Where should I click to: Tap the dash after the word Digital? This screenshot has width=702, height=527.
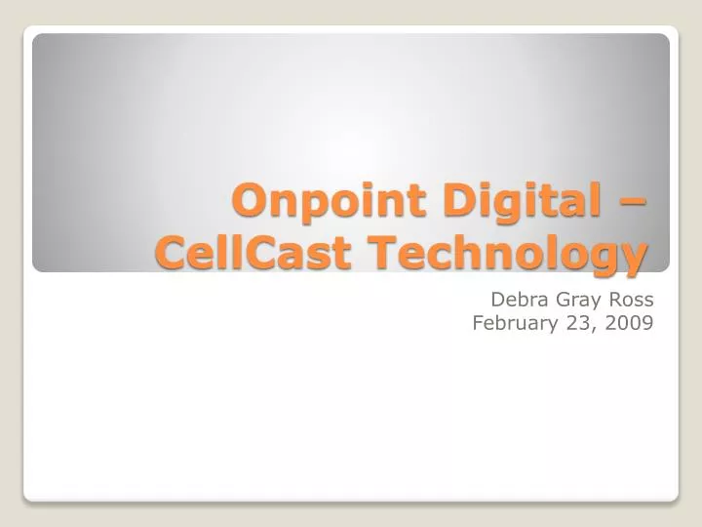(635, 203)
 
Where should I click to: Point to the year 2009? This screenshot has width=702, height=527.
(629, 324)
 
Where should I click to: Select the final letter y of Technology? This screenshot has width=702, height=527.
(635, 259)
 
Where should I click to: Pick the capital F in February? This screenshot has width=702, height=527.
(479, 324)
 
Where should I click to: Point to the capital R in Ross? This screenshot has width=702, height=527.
(614, 300)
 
